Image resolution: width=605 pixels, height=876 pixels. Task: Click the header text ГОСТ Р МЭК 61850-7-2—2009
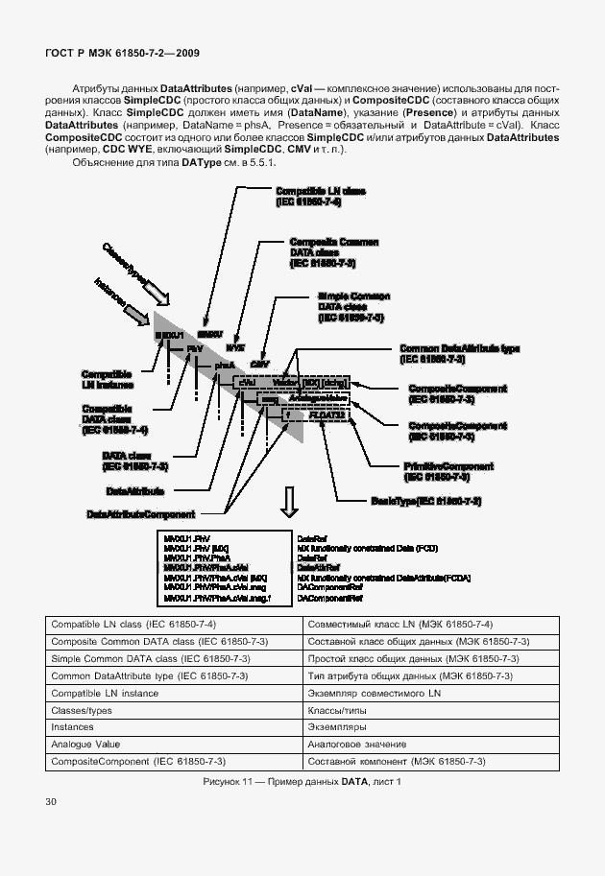point(122,53)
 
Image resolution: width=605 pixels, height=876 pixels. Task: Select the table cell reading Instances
point(74,727)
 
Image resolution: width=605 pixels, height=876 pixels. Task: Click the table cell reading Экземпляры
point(336,727)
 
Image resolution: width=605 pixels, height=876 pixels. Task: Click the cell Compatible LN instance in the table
point(105,693)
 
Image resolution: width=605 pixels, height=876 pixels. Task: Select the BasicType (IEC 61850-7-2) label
point(425,501)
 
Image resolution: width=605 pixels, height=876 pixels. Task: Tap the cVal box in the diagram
point(247,382)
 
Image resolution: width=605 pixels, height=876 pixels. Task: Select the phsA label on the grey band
point(225,366)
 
